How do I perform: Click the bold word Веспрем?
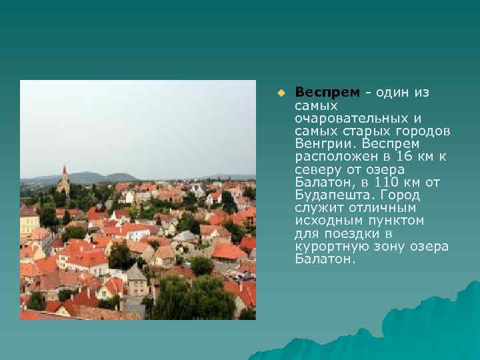pos(327,92)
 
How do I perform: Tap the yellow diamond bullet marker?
pos(281,92)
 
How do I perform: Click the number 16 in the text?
pos(403,156)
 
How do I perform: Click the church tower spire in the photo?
pos(64,173)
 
